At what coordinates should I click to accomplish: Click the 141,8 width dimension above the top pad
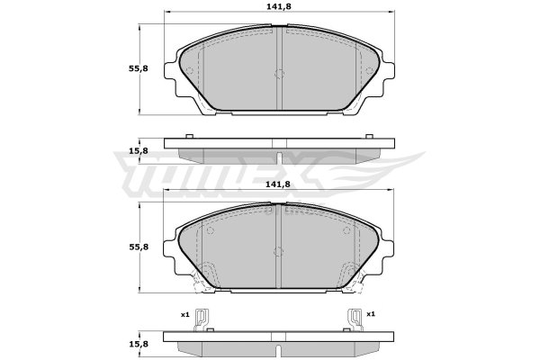point(279,6)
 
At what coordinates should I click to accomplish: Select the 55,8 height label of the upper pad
point(138,68)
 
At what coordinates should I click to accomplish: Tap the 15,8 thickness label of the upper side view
point(138,151)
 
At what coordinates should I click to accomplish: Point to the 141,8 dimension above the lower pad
point(278,184)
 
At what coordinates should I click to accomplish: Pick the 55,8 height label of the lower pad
point(139,247)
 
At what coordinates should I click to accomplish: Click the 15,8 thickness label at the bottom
point(138,344)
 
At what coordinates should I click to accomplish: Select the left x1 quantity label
point(185,314)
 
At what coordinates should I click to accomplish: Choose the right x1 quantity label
point(371,314)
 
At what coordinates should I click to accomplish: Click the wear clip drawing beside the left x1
point(201,319)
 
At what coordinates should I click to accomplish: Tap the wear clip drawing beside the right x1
point(355,319)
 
